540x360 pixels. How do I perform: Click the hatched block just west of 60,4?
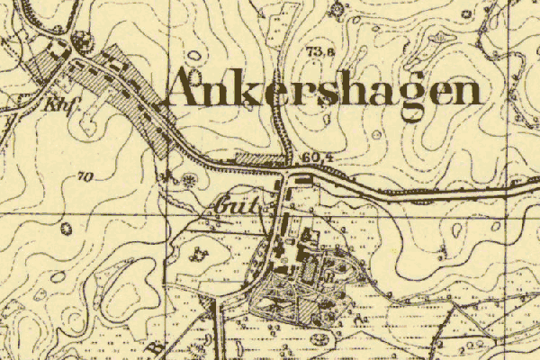coord(258,159)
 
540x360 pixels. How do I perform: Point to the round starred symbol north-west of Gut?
coord(190,179)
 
